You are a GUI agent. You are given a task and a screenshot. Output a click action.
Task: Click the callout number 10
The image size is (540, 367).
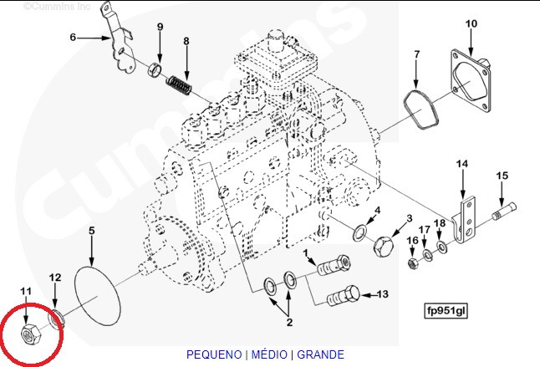coord(471,23)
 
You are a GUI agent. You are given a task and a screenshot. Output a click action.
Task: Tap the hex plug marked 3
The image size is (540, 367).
coord(384,247)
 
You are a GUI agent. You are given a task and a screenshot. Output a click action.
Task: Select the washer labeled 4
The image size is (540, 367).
coord(362,231)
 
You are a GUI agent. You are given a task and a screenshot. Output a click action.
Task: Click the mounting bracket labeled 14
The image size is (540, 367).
coord(463,217)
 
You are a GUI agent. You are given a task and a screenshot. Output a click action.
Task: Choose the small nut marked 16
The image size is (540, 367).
coord(412,264)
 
